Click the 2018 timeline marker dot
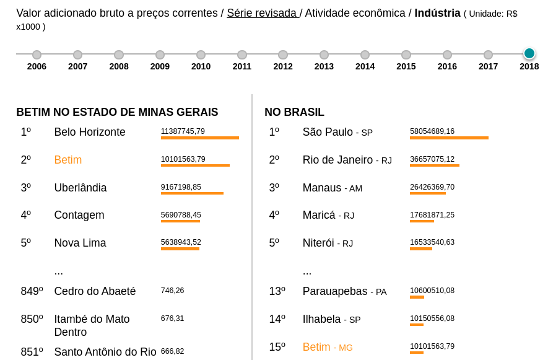click(x=529, y=53)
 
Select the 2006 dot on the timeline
click(x=37, y=55)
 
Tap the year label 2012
click(x=283, y=66)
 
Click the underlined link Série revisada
click(x=263, y=13)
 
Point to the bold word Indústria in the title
click(x=437, y=13)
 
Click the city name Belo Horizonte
click(x=90, y=132)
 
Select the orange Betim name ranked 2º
click(x=68, y=160)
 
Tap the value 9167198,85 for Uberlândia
click(x=181, y=187)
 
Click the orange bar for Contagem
click(x=180, y=221)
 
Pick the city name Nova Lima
click(x=80, y=243)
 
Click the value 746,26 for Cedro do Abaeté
click(x=172, y=291)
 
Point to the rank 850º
click(x=32, y=319)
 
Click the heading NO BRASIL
click(x=294, y=112)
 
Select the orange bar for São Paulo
click(x=449, y=138)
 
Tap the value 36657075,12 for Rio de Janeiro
click(x=432, y=159)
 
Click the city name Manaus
click(x=322, y=188)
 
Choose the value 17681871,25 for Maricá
click(x=432, y=215)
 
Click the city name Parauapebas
click(x=335, y=291)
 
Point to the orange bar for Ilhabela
click(x=417, y=325)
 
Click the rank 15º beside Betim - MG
click(x=277, y=347)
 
